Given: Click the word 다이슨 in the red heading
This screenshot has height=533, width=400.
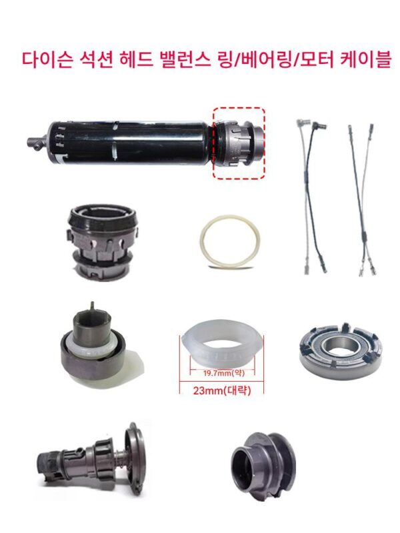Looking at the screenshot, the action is [x=47, y=60].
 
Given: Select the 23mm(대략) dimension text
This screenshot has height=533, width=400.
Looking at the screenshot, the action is [x=222, y=390].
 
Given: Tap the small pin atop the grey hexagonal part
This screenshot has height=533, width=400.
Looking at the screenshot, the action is [x=91, y=305].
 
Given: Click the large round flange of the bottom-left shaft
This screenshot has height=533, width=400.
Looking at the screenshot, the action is [x=136, y=458].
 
